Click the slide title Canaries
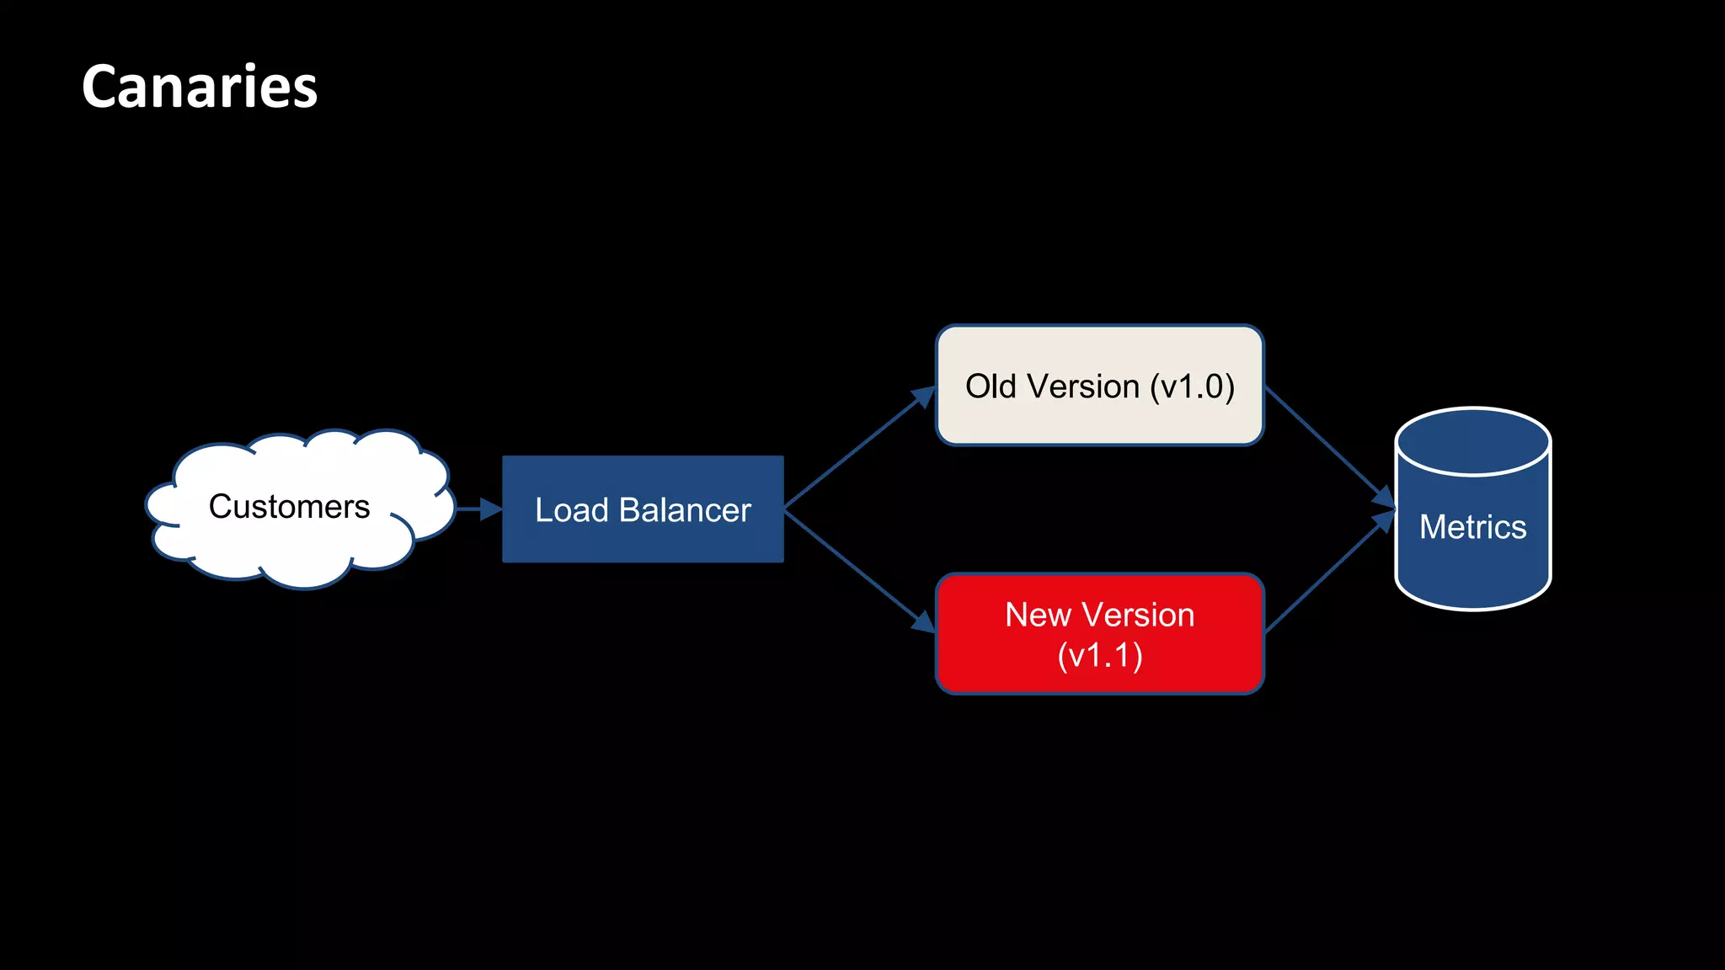point(200,87)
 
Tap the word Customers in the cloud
point(289,507)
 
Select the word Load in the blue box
point(571,510)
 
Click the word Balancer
point(684,510)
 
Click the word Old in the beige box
point(991,386)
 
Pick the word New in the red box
point(1037,616)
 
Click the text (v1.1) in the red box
point(1100,656)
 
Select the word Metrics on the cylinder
point(1472,527)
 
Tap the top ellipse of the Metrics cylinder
point(1472,441)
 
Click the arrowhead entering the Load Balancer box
point(490,509)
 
